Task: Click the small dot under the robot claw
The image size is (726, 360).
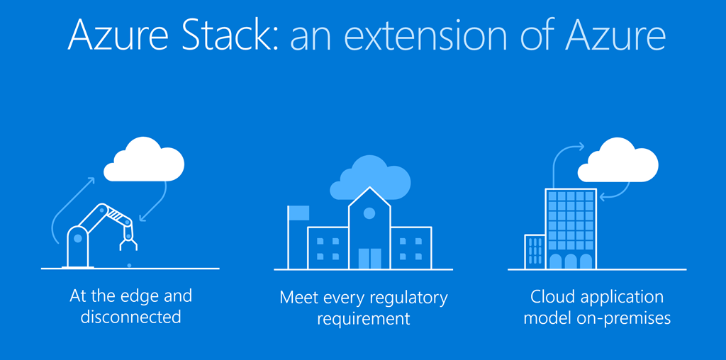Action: click(x=128, y=266)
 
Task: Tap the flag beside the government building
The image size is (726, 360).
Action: click(x=298, y=213)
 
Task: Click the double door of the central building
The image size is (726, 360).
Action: click(x=369, y=258)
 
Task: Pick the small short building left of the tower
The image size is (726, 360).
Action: click(x=534, y=252)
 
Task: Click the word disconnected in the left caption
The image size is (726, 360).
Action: click(x=130, y=317)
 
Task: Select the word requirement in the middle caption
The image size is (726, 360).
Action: click(x=364, y=319)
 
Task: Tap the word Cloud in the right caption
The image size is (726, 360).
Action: click(x=552, y=296)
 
